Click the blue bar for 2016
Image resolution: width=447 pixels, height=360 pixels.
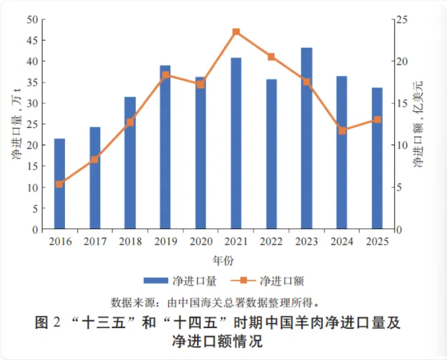click(x=59, y=184)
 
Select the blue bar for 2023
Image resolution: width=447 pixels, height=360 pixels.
click(x=307, y=138)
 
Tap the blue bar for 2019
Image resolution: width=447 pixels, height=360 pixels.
click(x=165, y=147)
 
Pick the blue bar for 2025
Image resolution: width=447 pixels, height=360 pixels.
click(x=377, y=159)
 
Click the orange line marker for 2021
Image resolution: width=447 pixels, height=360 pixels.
click(x=236, y=32)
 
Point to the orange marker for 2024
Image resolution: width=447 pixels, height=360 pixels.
click(x=342, y=130)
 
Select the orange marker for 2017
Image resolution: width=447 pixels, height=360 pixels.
click(x=95, y=160)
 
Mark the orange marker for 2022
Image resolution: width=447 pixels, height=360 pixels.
click(x=271, y=57)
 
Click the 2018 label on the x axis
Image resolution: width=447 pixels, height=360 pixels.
click(x=130, y=241)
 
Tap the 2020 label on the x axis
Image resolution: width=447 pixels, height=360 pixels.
click(x=200, y=241)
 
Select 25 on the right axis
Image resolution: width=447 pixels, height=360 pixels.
click(x=402, y=20)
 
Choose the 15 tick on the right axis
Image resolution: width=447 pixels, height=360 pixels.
click(x=402, y=103)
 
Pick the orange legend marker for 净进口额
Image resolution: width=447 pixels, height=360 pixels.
click(x=243, y=281)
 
